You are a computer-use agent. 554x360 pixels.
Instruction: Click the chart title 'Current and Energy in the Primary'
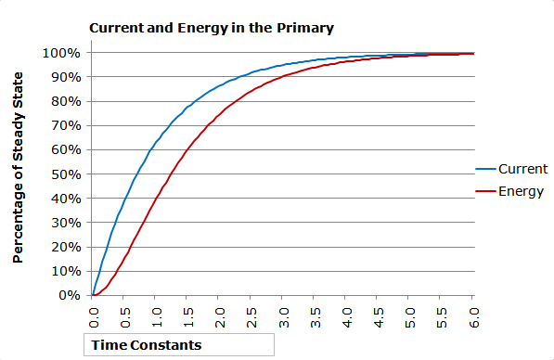click(211, 28)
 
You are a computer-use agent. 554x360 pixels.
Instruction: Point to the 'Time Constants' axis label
click(145, 345)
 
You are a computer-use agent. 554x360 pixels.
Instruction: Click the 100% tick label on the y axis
click(62, 53)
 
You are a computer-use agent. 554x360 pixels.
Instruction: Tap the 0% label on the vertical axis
click(70, 295)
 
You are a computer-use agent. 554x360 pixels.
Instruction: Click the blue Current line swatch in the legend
click(485, 170)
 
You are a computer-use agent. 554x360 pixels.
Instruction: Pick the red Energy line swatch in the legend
click(485, 192)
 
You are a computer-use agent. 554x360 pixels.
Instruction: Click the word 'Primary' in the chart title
click(306, 28)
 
